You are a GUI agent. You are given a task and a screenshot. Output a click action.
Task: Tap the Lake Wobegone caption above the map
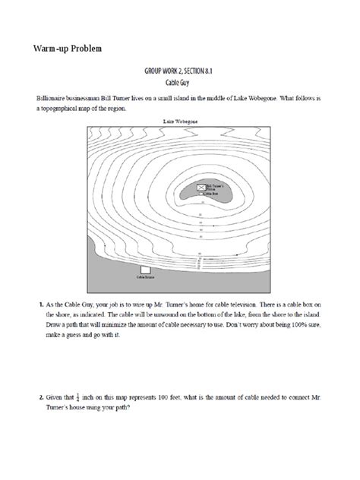181,121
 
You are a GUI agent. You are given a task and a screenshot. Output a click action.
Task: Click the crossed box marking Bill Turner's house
201,186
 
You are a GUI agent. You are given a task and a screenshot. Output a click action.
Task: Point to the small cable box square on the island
201,194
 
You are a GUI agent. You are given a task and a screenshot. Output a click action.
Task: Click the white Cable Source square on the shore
145,270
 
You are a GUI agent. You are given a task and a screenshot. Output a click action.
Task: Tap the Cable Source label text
145,278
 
